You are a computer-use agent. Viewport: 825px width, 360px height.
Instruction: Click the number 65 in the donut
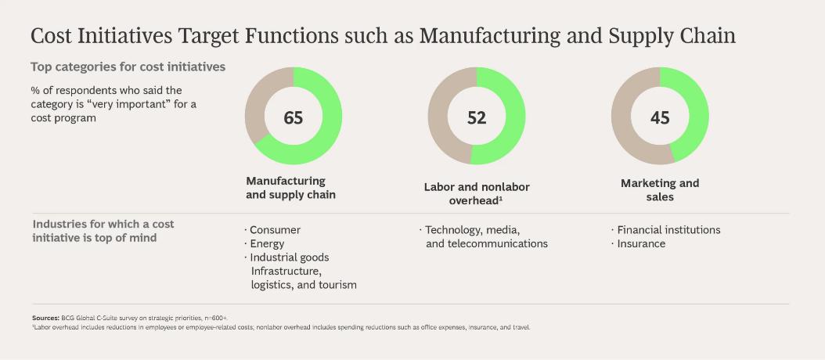(294, 117)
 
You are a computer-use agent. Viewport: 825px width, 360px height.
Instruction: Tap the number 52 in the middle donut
(477, 117)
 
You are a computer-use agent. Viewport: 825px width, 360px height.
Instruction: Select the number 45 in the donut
(660, 117)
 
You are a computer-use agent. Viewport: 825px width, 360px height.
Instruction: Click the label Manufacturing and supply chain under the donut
(290, 188)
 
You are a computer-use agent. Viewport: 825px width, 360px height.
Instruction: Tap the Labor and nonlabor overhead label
(477, 193)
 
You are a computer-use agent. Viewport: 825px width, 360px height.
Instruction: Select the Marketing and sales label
(660, 190)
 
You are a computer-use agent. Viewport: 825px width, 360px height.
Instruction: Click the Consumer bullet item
(275, 230)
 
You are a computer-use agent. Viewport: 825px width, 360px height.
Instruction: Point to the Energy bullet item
(268, 243)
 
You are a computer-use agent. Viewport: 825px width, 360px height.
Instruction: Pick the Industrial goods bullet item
(290, 257)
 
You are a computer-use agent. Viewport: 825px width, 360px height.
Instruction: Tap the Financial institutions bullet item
(668, 230)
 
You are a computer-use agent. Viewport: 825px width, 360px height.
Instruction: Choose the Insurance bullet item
(641, 243)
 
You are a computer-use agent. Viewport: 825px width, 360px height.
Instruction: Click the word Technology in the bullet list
(454, 230)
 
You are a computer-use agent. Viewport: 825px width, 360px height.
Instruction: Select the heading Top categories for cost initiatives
(128, 67)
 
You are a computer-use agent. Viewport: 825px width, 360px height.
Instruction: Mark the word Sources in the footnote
(45, 319)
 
